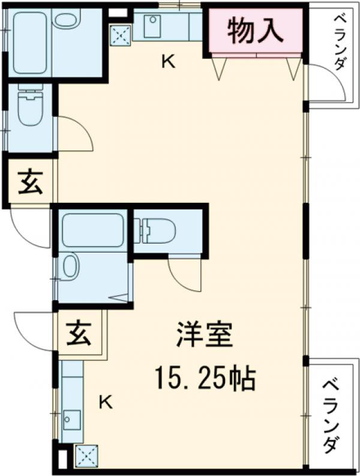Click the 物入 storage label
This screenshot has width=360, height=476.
(x=255, y=31)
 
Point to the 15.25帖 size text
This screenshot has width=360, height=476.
(x=205, y=378)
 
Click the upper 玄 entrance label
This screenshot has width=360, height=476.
(x=30, y=182)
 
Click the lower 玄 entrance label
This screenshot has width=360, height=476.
(x=79, y=333)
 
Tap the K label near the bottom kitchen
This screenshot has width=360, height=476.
(x=105, y=402)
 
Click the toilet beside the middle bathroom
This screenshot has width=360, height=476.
(x=157, y=230)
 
